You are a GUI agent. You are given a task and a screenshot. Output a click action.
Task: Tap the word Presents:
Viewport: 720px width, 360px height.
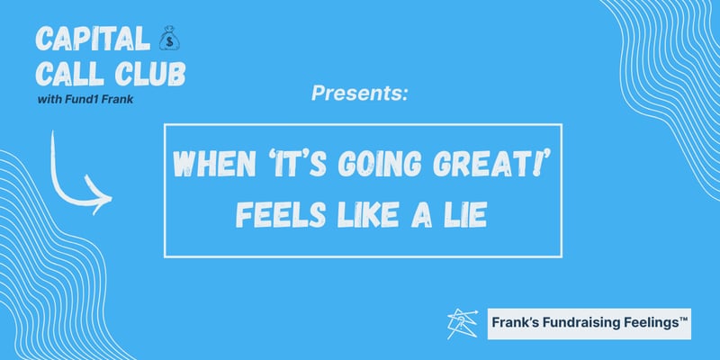359,92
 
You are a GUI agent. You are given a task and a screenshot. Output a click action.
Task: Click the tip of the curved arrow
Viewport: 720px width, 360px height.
111,194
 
